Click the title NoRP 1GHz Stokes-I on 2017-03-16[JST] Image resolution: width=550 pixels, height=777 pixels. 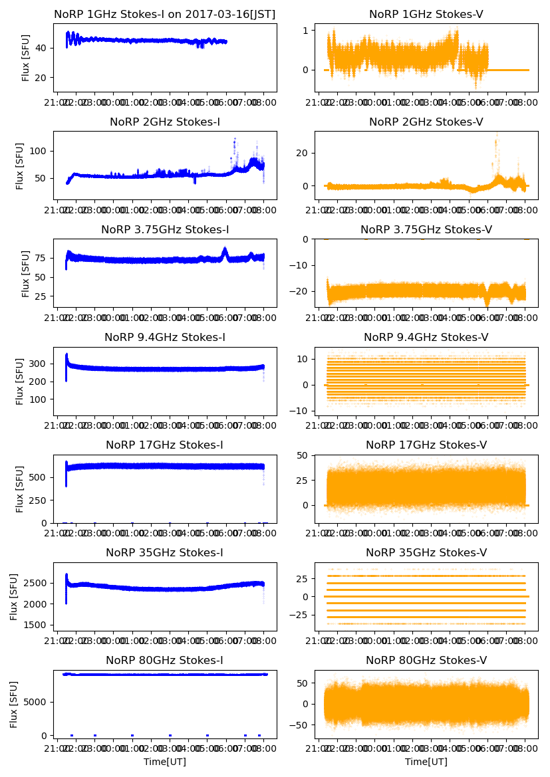[164, 14]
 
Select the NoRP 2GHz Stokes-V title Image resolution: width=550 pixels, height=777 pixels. [426, 122]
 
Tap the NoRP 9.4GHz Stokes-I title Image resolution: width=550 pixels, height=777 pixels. [164, 337]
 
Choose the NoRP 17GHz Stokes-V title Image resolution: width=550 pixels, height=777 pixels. [426, 445]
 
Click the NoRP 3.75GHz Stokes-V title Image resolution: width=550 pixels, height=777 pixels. [426, 229]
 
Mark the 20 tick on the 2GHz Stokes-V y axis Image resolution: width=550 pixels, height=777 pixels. [303, 153]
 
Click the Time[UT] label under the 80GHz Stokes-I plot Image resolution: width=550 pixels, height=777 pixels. [164, 762]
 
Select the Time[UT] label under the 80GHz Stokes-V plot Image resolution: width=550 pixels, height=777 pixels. [426, 762]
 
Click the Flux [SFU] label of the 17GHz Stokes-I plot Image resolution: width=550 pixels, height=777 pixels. [20, 489]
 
